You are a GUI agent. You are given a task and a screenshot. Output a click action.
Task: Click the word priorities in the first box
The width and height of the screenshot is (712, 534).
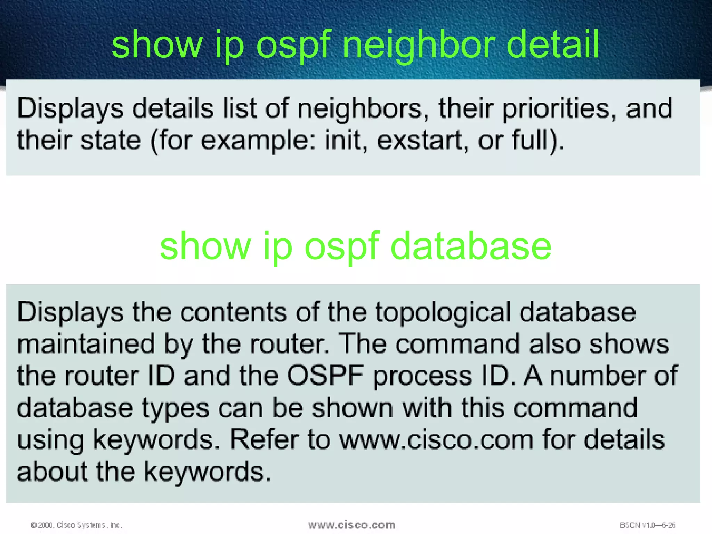pos(556,109)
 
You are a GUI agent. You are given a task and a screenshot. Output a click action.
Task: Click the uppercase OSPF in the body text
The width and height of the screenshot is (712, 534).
pos(325,376)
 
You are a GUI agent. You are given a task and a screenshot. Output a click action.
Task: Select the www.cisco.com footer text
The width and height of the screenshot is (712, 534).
pos(351,525)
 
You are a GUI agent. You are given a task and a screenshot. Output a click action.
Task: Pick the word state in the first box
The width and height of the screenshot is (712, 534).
pos(111,141)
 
